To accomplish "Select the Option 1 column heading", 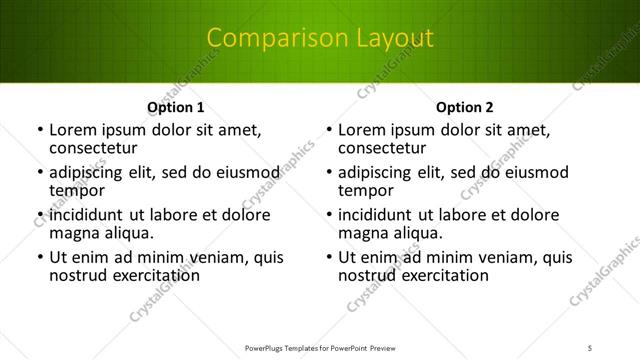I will click(175, 107).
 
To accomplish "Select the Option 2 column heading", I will click(464, 107).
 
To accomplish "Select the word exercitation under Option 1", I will click(150, 276).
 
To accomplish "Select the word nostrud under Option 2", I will click(369, 276).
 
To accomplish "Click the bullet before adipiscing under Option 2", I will click(329, 173).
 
